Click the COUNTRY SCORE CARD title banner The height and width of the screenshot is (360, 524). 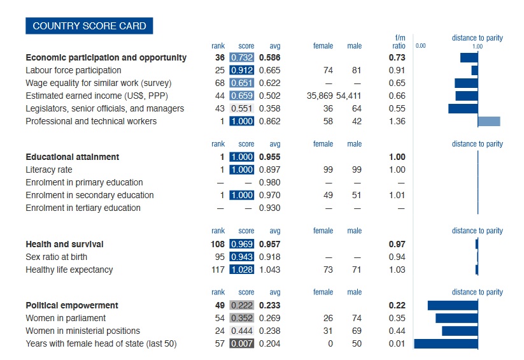coord(89,26)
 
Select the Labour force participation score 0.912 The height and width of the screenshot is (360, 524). coord(241,70)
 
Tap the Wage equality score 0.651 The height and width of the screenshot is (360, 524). coord(241,83)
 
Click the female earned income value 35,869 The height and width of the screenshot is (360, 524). coord(320,96)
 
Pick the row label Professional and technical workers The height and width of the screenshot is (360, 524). coord(91,121)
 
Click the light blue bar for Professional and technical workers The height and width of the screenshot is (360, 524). coord(489,121)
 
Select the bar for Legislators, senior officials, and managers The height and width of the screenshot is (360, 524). coord(463,108)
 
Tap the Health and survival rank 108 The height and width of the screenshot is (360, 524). coord(216,244)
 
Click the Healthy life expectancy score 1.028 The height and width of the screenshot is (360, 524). coord(241,270)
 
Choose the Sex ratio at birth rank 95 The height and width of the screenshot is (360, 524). coord(220,257)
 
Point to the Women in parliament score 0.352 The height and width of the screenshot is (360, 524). coord(241,318)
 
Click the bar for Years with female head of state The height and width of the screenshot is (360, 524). coord(446,343)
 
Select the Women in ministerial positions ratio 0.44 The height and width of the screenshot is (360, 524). coord(397,331)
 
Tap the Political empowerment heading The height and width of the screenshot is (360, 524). coord(72,305)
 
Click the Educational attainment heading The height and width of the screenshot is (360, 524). coord(73,157)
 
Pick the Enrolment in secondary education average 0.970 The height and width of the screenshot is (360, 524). coord(270,195)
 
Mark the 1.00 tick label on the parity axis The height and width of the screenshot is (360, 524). coord(477,46)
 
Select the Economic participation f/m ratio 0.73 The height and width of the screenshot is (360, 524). coord(397,57)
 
